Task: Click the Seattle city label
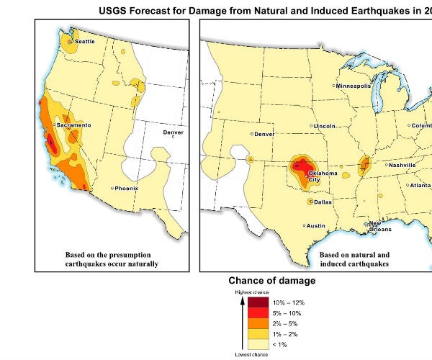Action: (84, 42)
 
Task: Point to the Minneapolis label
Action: (354, 86)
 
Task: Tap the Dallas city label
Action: (323, 202)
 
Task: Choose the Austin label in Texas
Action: (315, 226)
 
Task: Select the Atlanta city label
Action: (418, 186)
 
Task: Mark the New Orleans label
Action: (379, 227)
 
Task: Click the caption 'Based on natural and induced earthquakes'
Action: (354, 259)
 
